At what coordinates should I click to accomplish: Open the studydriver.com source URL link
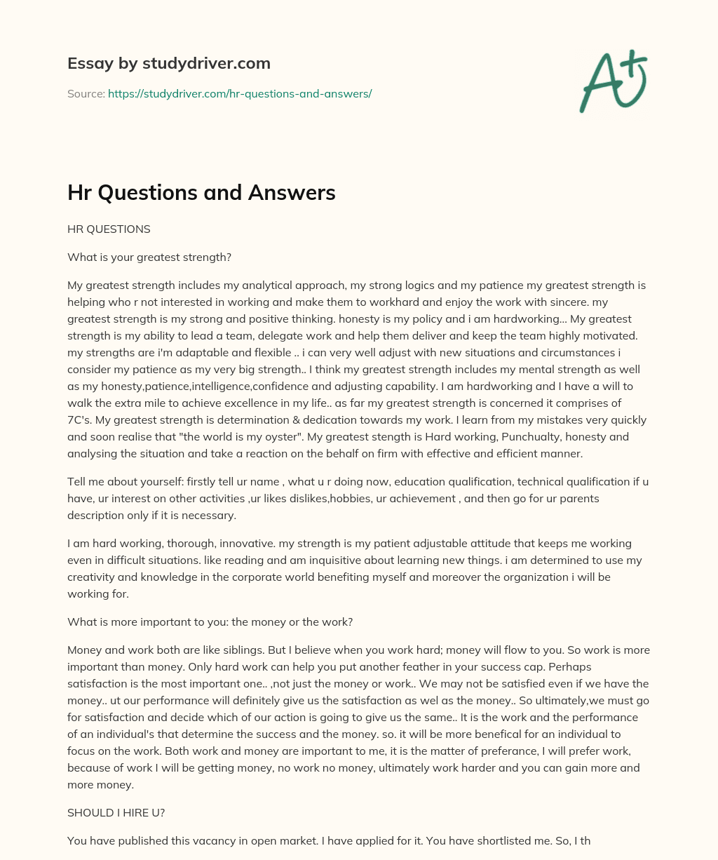pyautogui.click(x=239, y=93)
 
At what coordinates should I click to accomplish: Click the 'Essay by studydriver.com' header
pyautogui.click(x=168, y=63)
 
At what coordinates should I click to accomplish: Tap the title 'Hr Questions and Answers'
pyautogui.click(x=201, y=192)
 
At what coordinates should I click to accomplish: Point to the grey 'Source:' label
pyautogui.click(x=86, y=93)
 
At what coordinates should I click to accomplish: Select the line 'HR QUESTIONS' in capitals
pyautogui.click(x=109, y=229)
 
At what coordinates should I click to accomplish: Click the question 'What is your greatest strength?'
pyautogui.click(x=149, y=257)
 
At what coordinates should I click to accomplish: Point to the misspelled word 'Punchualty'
pyautogui.click(x=474, y=437)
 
